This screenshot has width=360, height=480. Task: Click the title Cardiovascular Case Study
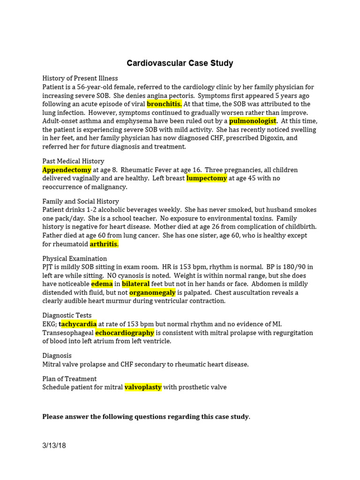coord(180,63)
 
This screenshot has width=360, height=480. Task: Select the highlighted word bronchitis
coord(164,104)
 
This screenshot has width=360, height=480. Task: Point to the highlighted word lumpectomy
coord(207,178)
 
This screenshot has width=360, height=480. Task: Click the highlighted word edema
coord(102,284)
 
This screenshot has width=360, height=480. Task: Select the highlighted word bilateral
coord(136,284)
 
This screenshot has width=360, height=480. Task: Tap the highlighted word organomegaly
coord(152,292)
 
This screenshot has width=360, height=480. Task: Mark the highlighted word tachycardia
coord(78,324)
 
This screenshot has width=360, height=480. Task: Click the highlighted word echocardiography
coord(125,332)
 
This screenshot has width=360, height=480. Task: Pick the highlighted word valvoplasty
coord(143,387)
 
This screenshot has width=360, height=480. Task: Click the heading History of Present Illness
coord(80,78)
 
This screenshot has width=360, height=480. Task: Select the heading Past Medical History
coord(73,161)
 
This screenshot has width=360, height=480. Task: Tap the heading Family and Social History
coord(81,202)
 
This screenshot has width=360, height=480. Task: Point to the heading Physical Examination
coord(75,259)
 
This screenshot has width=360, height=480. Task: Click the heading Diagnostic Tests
coord(67,315)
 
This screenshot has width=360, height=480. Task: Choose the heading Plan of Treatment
coord(69,379)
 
